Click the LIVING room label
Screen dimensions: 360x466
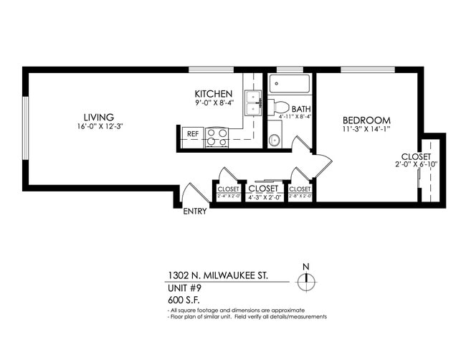pos(98,118)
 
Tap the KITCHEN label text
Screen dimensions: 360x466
pos(214,94)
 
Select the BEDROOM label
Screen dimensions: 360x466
pos(366,120)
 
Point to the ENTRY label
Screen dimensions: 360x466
pos(194,212)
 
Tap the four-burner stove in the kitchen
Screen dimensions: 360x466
pos(217,137)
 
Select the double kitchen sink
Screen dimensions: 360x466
pos(253,103)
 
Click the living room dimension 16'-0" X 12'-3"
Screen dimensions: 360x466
pos(98,128)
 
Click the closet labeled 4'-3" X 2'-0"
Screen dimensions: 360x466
pos(262,192)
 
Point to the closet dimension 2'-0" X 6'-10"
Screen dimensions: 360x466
pos(417,164)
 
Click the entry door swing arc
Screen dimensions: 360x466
pos(188,191)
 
